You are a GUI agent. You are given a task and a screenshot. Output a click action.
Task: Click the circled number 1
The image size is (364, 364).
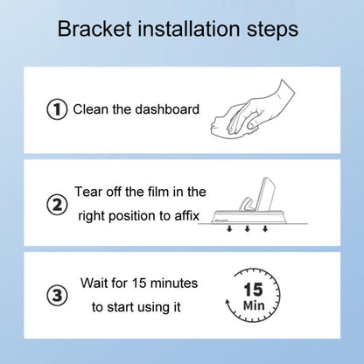[x=57, y=110]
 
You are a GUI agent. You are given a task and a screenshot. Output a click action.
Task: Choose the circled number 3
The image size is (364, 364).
[x=57, y=296]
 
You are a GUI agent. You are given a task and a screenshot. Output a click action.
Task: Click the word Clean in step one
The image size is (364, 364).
[x=89, y=110]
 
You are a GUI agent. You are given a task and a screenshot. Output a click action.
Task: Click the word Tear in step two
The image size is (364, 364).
[x=90, y=192]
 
